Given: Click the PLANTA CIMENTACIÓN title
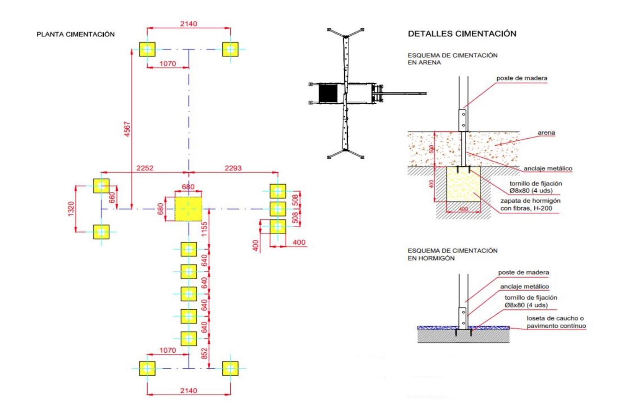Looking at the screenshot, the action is coord(76,34).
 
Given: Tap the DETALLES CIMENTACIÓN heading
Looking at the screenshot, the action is coord(462,34).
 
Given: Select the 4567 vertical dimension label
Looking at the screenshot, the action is coord(127,129).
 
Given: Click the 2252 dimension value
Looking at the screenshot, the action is coord(145,168).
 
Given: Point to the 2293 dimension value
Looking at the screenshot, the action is coord(233,168).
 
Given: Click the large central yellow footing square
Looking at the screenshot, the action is coord(188,209).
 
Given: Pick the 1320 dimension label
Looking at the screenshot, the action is coord(71,209).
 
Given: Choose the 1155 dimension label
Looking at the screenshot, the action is coord(205,229).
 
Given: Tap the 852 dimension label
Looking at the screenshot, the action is coord(205,354).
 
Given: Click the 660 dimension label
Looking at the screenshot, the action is coord(112,198).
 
